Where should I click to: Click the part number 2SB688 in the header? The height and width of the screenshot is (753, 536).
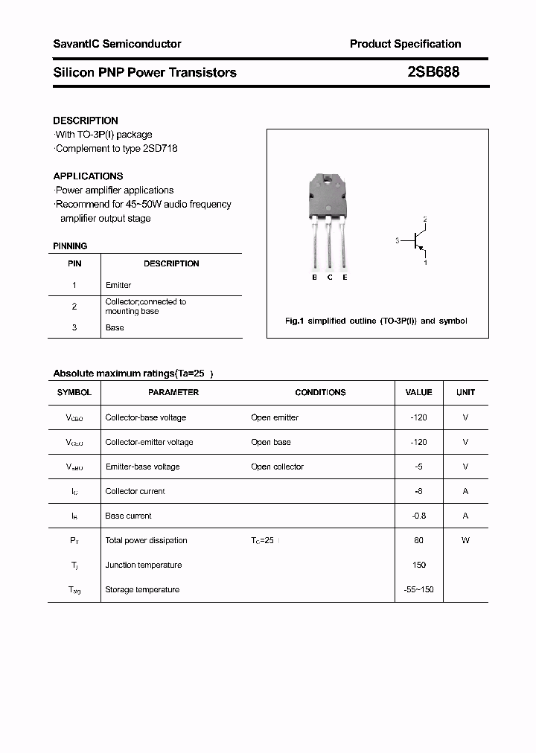433,72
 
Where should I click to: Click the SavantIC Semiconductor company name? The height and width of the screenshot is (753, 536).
117,44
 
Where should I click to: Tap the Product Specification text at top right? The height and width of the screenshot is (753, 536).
405,44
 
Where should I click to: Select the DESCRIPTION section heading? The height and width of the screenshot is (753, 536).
86,121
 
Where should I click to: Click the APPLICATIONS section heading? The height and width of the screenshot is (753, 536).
88,176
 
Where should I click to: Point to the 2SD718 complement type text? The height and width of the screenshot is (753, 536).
159,148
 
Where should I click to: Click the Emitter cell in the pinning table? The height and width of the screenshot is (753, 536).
118,285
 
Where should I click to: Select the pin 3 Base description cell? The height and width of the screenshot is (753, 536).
115,327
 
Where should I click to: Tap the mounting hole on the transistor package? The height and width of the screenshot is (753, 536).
328,179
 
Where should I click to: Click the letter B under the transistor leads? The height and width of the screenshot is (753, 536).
314,278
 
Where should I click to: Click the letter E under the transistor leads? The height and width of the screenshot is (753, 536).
345,278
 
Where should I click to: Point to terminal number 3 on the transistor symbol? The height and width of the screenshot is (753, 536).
398,240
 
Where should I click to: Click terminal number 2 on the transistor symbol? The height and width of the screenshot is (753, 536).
425,220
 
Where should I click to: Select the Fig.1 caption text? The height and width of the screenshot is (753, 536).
376,321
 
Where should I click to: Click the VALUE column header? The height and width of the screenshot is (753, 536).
418,392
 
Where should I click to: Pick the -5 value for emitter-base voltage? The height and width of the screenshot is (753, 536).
418,467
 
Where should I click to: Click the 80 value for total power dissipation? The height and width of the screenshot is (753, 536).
418,540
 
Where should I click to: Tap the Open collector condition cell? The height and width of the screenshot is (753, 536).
277,467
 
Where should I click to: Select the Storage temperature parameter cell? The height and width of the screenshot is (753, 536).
142,589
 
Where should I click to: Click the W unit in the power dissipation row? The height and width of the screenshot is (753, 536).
465,540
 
